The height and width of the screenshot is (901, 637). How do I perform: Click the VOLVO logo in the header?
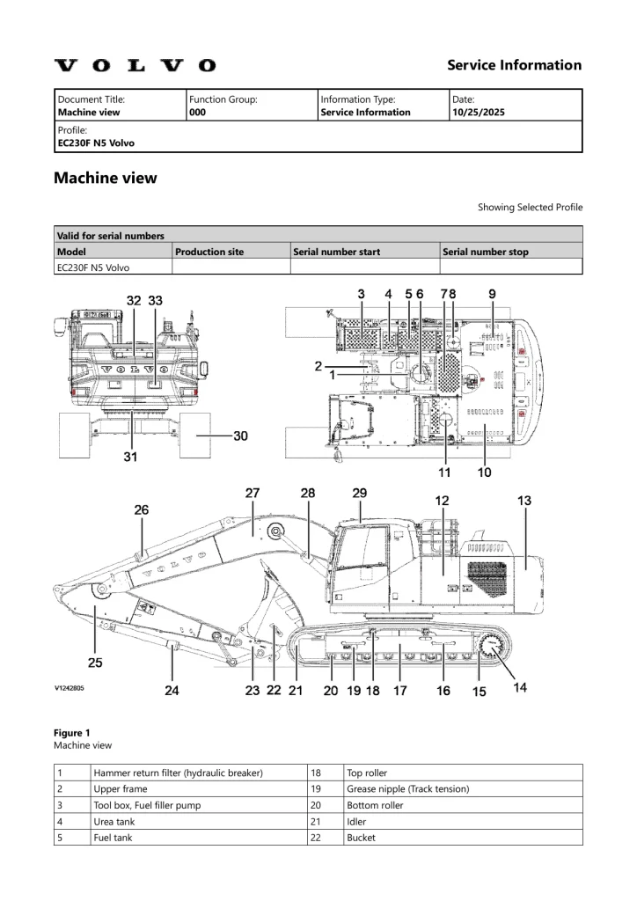[135, 65]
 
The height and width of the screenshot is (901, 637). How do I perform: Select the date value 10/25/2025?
[478, 113]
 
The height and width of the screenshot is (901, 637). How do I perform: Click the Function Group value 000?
[197, 113]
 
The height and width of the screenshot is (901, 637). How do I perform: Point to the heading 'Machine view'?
[106, 178]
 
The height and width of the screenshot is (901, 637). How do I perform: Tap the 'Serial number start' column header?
[337, 252]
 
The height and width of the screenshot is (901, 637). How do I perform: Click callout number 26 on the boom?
[142, 509]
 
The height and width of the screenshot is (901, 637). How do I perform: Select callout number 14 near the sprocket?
[521, 687]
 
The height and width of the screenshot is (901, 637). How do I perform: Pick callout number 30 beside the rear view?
[240, 436]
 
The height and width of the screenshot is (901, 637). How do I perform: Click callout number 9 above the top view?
[492, 293]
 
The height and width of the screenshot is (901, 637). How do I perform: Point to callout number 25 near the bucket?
[94, 662]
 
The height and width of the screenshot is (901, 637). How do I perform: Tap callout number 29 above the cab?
[360, 494]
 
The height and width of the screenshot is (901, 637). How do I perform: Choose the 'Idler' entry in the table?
[356, 822]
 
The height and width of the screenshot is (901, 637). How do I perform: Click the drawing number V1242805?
[73, 690]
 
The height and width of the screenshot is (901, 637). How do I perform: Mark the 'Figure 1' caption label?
[72, 733]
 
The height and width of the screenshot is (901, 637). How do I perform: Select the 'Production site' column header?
[209, 252]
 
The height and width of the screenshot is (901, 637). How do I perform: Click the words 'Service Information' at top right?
[514, 65]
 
